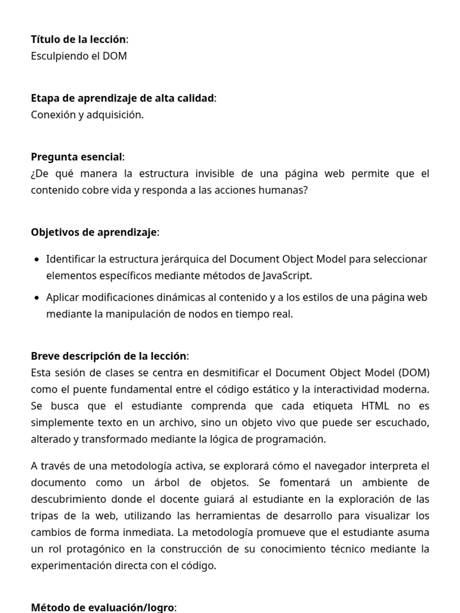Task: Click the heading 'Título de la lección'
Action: [x=78, y=39]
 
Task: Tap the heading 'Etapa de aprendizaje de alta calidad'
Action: [x=122, y=98]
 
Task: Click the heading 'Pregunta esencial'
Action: [x=76, y=157]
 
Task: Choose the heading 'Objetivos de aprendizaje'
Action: [x=94, y=233]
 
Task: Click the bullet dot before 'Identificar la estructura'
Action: [x=37, y=260]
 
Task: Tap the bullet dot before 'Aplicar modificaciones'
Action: [x=37, y=298]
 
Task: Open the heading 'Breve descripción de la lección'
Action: [x=108, y=356]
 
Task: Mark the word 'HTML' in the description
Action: [x=375, y=406]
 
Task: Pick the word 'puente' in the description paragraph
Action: [x=90, y=390]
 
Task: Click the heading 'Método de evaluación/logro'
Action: [x=102, y=608]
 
